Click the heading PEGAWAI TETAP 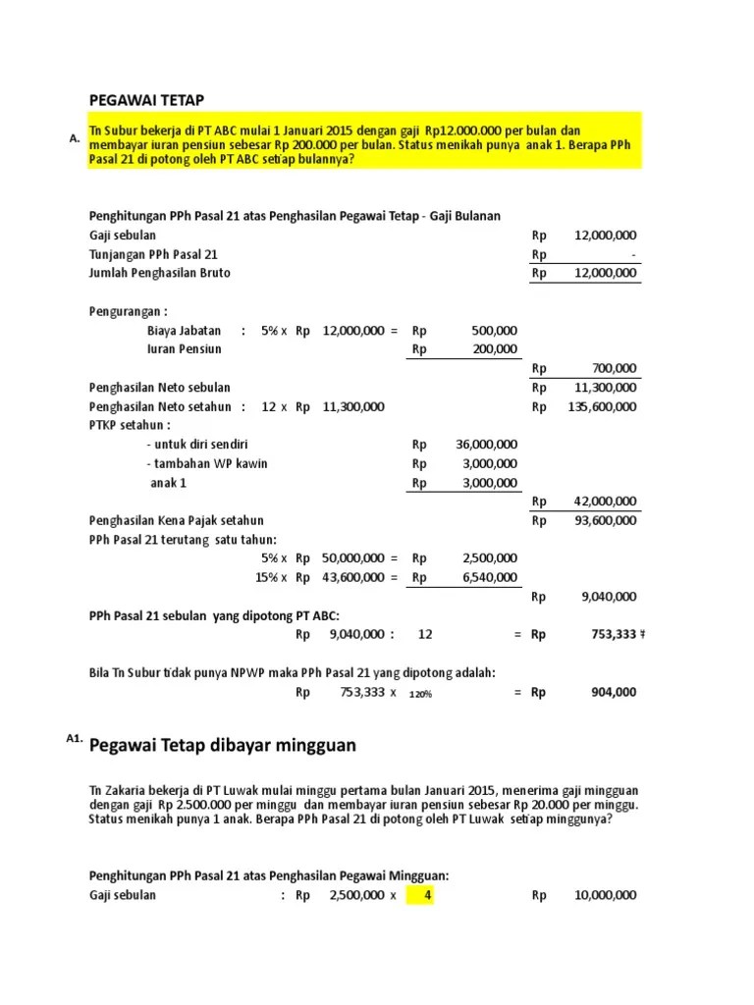[x=147, y=99]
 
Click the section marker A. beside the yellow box [x=74, y=139]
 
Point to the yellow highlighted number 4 [x=427, y=895]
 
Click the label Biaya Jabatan [x=184, y=331]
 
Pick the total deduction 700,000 [x=615, y=368]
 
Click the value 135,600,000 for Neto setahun [x=603, y=406]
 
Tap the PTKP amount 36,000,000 [x=487, y=445]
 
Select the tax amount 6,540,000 [x=490, y=577]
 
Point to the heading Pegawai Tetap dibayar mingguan [x=223, y=746]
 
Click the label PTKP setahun [x=130, y=425]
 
